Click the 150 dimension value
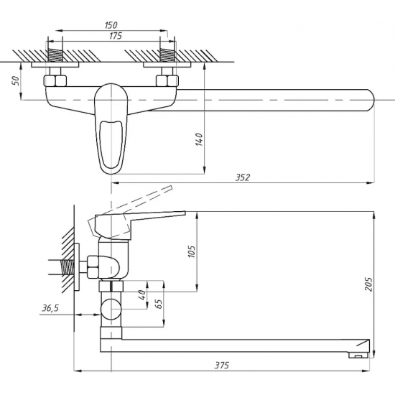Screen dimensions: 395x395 coord(111,25)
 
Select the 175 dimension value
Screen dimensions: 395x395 coord(116,36)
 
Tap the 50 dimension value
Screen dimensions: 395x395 coord(16,80)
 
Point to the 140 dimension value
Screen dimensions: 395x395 coord(199,139)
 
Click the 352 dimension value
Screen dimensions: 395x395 coord(243,177)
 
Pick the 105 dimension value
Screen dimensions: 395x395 coord(192,251)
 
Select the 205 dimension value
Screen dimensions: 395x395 coord(368,284)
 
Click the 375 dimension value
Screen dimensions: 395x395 coord(222,365)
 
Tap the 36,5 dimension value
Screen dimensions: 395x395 coord(50,308)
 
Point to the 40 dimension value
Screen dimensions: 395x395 coord(142,295)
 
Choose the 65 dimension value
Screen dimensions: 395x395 coord(159,304)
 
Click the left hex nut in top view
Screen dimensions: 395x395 coord(55,80)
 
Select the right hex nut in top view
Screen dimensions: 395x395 coord(167,80)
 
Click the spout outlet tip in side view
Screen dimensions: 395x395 coord(358,355)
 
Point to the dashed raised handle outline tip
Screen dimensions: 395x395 coord(171,188)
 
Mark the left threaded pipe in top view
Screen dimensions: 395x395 coord(55,55)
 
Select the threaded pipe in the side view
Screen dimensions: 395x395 coord(67,267)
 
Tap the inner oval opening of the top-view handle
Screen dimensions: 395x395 coord(111,144)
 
